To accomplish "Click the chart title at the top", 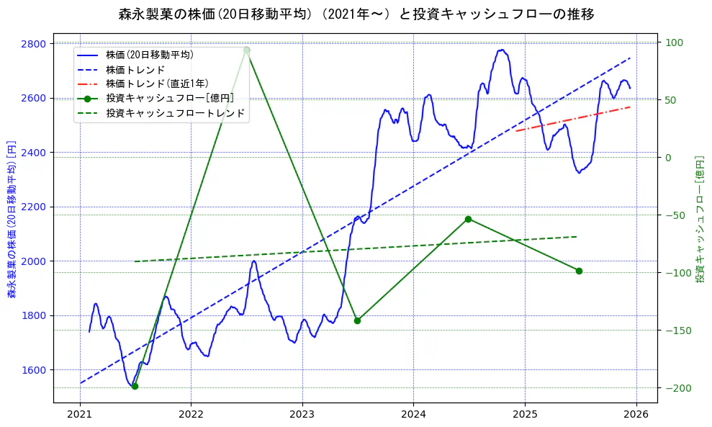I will coord(356,14).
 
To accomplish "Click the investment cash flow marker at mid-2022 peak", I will coord(246,50).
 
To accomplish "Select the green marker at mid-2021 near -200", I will coord(135,386).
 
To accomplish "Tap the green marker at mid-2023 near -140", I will coord(357,320).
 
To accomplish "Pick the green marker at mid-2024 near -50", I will coord(468,219).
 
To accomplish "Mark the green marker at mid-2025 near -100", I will coord(579,271).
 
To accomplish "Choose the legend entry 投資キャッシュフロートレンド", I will coord(175,113).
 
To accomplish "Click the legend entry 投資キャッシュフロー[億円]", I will coord(169,99).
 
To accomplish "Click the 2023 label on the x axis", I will coord(302,415).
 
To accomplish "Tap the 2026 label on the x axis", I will coord(636,415).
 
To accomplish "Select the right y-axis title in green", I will coord(699,218).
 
